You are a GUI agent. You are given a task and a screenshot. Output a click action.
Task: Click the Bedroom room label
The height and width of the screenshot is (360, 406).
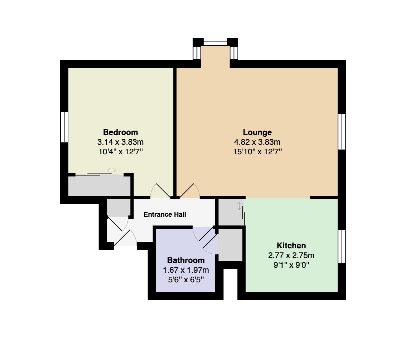pyautogui.click(x=120, y=132)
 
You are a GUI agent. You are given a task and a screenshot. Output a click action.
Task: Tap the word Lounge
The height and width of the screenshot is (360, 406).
pyautogui.click(x=257, y=132)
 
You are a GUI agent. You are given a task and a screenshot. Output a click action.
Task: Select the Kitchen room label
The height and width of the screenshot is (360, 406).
pyautogui.click(x=291, y=245)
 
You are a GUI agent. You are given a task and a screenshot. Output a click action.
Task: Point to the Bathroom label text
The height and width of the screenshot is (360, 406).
pyautogui.click(x=186, y=260)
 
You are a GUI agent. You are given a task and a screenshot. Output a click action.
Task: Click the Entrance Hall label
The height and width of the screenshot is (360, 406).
pyautogui.click(x=165, y=214)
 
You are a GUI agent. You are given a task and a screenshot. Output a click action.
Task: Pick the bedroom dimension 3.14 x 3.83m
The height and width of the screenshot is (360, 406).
pyautogui.click(x=120, y=142)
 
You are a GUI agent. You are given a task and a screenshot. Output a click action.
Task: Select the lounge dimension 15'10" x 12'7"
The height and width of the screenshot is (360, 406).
pyautogui.click(x=257, y=152)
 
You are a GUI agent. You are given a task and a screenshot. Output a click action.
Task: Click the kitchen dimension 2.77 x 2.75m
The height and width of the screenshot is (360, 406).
pyautogui.click(x=291, y=255)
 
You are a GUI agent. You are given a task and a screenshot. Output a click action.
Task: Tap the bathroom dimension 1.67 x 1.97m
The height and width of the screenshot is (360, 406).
pyautogui.click(x=186, y=270)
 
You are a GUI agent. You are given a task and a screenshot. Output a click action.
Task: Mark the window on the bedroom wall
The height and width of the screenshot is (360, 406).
pyautogui.click(x=64, y=127)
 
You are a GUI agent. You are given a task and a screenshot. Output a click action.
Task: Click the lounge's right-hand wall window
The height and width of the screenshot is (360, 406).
pyautogui.click(x=342, y=132)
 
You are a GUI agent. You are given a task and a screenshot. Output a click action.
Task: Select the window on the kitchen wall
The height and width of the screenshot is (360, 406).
pyautogui.click(x=342, y=246)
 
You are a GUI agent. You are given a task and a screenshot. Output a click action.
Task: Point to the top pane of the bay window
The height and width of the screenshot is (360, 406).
pyautogui.click(x=215, y=42)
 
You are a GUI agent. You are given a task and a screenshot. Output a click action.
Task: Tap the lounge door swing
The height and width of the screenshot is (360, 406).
pyautogui.click(x=189, y=191)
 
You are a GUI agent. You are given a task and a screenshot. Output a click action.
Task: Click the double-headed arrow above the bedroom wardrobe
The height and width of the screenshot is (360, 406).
pyautogui.click(x=112, y=170)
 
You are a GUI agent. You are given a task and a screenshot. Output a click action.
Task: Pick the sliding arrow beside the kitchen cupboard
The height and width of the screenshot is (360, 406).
pyautogui.click(x=239, y=206)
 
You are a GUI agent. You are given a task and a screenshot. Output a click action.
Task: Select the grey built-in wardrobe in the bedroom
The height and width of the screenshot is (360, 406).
pyautogui.click(x=99, y=185)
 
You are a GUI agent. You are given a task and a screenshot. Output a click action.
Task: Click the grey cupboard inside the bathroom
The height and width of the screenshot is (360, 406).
pyautogui.click(x=230, y=245)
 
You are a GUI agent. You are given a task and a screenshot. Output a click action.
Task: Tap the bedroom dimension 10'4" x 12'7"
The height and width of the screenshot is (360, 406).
pyautogui.click(x=120, y=152)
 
